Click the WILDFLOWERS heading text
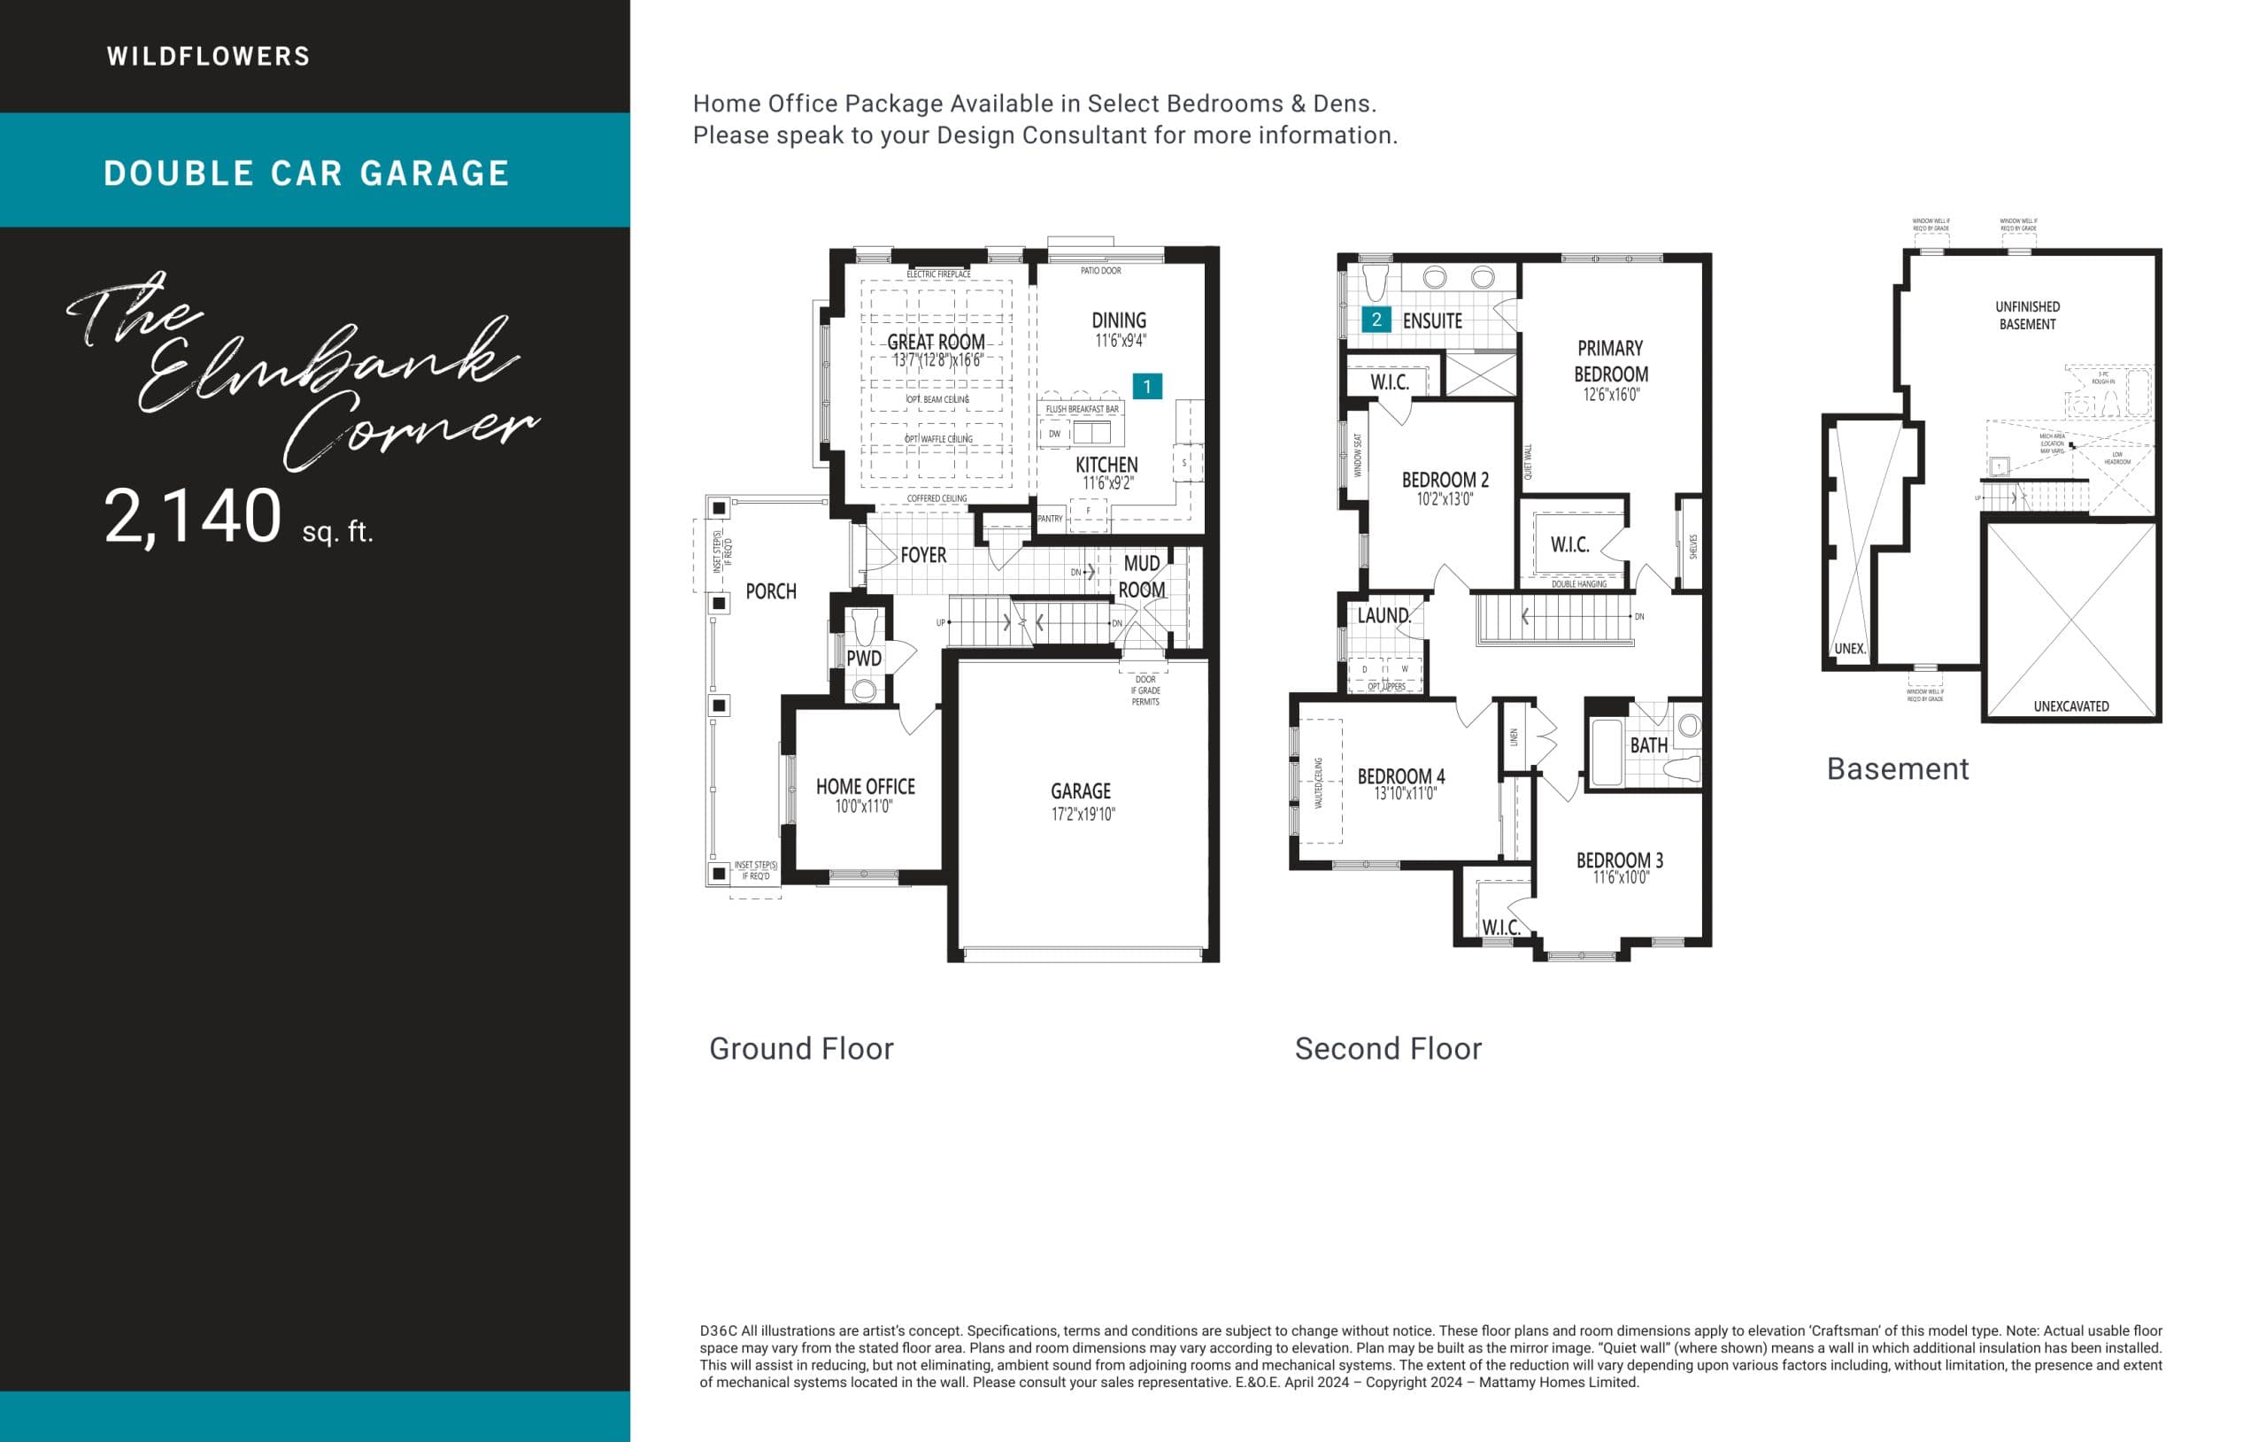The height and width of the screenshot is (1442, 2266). pyautogui.click(x=208, y=57)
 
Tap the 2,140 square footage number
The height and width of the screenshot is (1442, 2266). pyautogui.click(x=193, y=517)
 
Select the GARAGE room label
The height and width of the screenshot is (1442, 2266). pyautogui.click(x=1080, y=791)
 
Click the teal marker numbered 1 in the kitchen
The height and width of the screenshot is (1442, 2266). pyautogui.click(x=1146, y=386)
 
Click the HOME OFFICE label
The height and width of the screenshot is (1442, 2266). pyautogui.click(x=865, y=787)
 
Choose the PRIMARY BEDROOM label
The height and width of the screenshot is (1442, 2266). pyautogui.click(x=1610, y=361)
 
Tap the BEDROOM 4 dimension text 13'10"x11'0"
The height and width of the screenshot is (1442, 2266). pyautogui.click(x=1405, y=793)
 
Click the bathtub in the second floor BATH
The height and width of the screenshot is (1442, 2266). pyautogui.click(x=1607, y=752)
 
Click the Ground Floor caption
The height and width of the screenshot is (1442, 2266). pyautogui.click(x=801, y=1049)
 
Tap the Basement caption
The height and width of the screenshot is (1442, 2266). pyautogui.click(x=1897, y=769)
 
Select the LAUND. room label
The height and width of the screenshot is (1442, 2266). pyautogui.click(x=1383, y=615)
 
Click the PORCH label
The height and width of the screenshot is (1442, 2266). pyautogui.click(x=771, y=592)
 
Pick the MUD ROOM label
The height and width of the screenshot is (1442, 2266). pyautogui.click(x=1142, y=576)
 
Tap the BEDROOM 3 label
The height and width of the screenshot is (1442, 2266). pyautogui.click(x=1620, y=860)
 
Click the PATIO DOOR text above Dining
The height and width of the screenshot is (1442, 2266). pyautogui.click(x=1100, y=271)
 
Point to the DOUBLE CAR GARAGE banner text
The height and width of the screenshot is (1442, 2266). pyautogui.click(x=307, y=174)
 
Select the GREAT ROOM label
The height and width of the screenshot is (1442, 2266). pyautogui.click(x=936, y=342)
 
